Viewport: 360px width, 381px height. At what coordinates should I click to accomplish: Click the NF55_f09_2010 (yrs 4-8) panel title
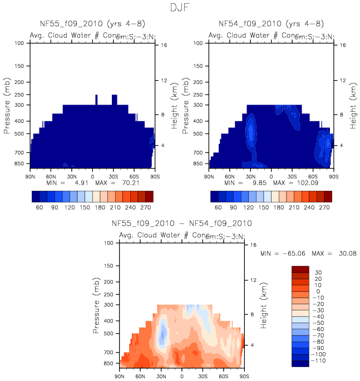pos(92,24)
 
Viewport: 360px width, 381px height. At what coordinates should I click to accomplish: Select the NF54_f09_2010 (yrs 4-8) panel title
pos(271,24)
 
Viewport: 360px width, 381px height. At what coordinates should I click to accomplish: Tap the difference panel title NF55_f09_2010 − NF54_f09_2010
pos(182,224)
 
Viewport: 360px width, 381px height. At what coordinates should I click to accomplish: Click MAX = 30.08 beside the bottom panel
pos(328,253)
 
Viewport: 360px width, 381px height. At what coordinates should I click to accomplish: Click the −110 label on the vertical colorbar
pos(315,361)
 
